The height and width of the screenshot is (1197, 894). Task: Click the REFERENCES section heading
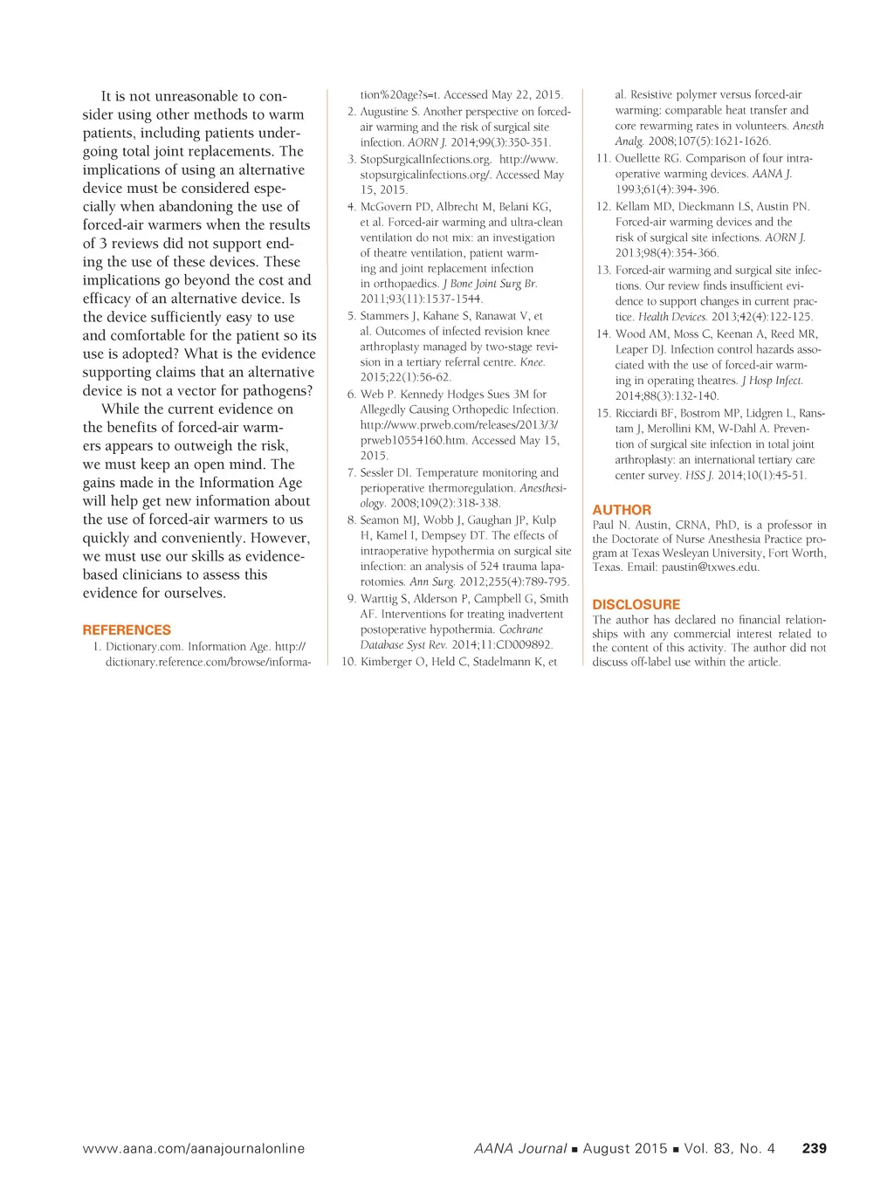click(127, 629)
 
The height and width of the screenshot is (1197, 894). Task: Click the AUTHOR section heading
click(622, 510)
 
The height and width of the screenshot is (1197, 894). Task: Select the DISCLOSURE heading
click(636, 604)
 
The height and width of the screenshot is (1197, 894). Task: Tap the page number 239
click(814, 1148)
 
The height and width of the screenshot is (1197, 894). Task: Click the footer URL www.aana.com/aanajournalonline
click(194, 1148)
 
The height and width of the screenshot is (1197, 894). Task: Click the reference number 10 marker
click(348, 662)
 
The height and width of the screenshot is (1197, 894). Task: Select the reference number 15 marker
click(603, 413)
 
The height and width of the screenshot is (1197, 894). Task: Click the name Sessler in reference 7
click(377, 472)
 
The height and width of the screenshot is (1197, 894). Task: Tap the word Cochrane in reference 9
click(520, 629)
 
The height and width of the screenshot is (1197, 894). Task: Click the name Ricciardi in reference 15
click(640, 413)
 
